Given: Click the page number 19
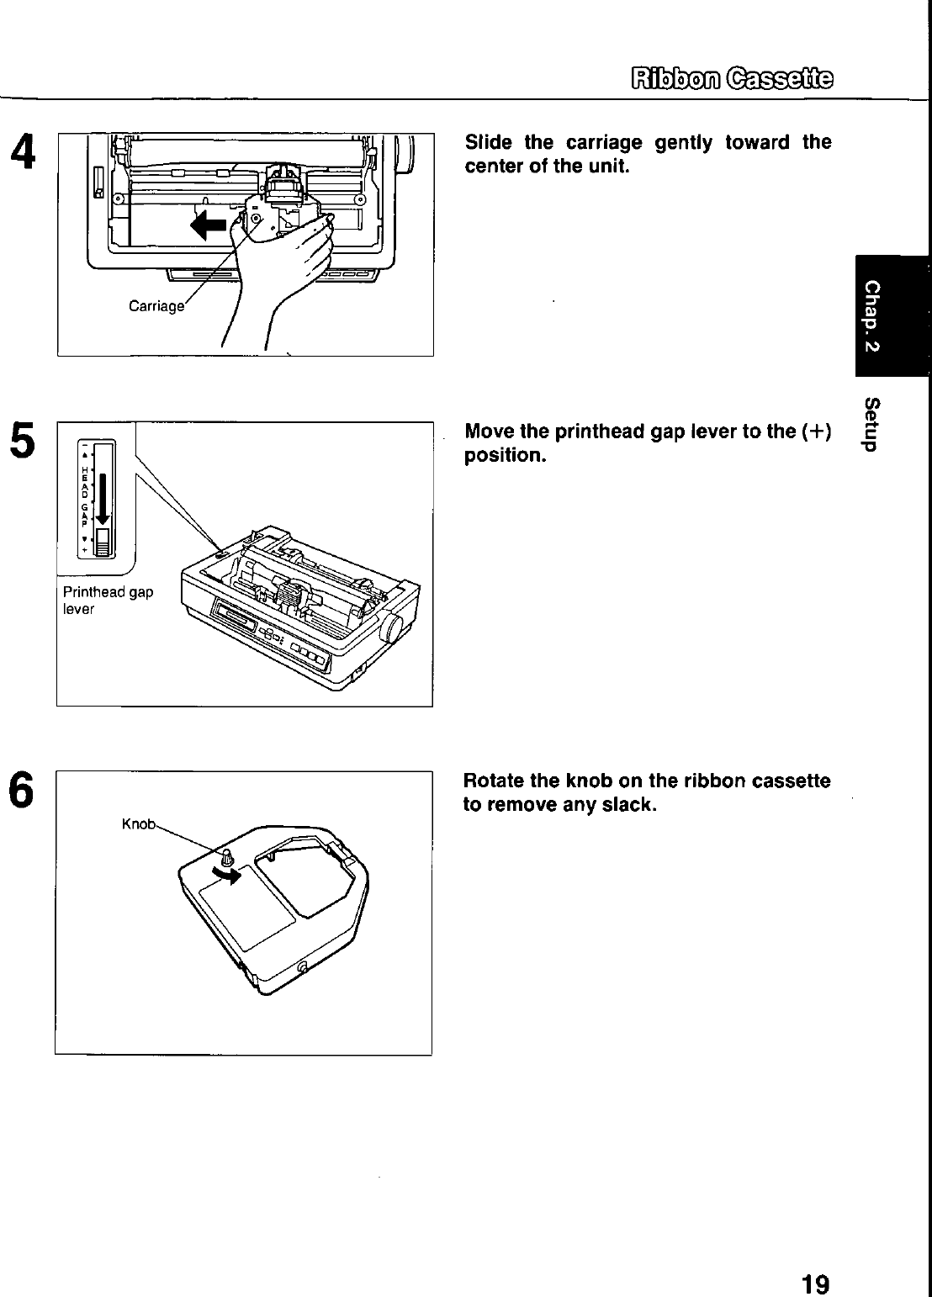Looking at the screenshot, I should point(815,1260).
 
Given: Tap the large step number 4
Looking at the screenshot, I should point(23,153).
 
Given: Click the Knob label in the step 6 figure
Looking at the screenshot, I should point(139,824).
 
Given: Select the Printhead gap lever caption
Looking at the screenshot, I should point(108,600).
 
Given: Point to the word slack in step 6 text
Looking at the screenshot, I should point(630,805).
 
